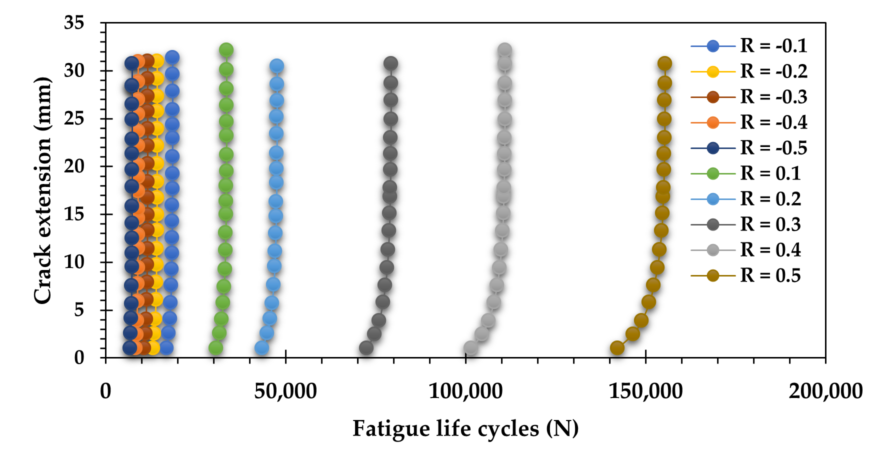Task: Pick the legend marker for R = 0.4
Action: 713,250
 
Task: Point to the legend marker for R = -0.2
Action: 713,71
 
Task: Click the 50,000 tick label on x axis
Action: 285,391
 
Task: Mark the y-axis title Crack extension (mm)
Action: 43,190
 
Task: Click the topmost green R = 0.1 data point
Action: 226,50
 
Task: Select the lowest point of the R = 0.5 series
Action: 617,347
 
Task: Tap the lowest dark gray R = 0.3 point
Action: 366,347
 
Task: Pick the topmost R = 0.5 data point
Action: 664,63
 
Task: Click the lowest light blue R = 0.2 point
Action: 261,347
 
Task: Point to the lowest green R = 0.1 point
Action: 215,347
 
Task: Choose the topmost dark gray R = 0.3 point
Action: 390,63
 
